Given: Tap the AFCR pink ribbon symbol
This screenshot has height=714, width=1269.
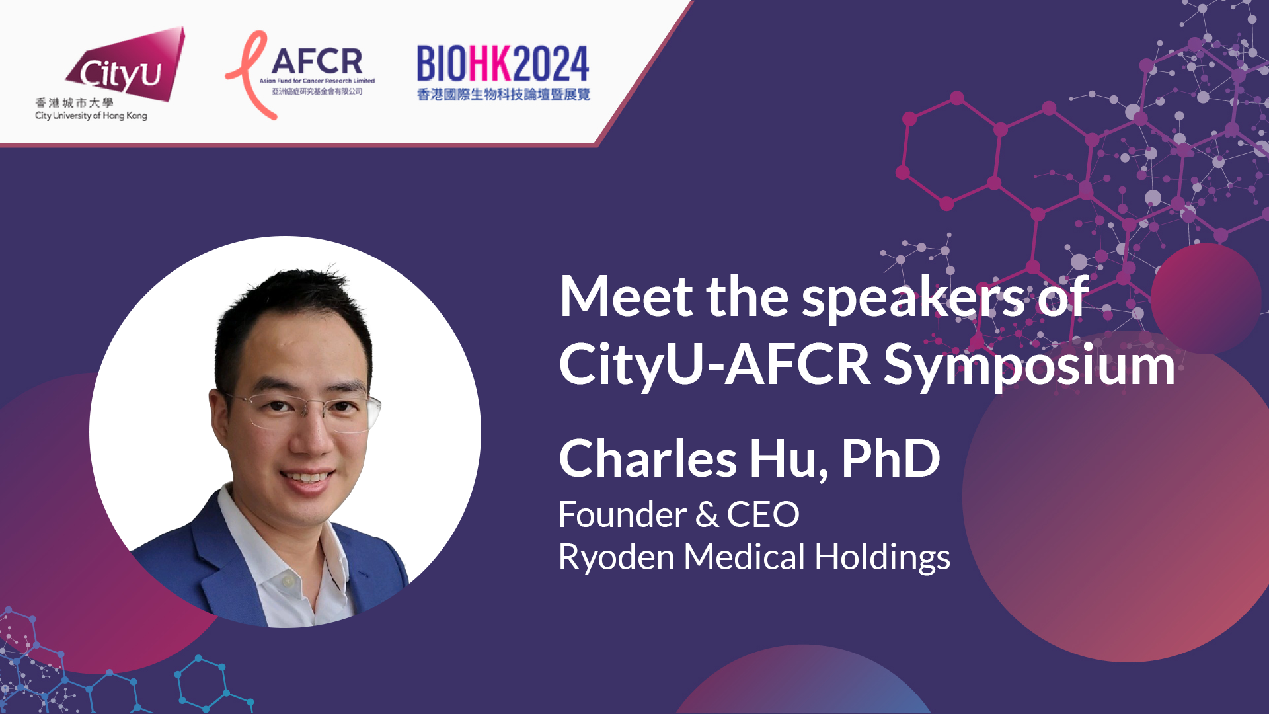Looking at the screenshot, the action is click(249, 75).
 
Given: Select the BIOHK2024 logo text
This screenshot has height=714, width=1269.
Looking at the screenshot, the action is click(503, 64).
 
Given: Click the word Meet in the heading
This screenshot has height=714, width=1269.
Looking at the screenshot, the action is click(627, 297).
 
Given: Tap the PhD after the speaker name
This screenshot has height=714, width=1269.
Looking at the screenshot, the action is click(890, 458).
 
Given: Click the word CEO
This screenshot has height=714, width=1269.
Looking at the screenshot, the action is click(763, 514).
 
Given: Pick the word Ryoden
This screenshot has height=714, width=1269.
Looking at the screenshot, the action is click(617, 557).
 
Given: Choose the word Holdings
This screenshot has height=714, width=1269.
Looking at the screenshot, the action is click(882, 557).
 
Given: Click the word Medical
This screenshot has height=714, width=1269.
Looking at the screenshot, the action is click(744, 557).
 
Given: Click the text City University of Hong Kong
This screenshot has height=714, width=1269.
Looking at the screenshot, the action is click(91, 116).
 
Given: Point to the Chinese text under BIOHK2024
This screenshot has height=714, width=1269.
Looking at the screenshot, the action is click(503, 95).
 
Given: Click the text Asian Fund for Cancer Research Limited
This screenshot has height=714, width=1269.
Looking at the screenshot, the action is click(317, 81).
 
